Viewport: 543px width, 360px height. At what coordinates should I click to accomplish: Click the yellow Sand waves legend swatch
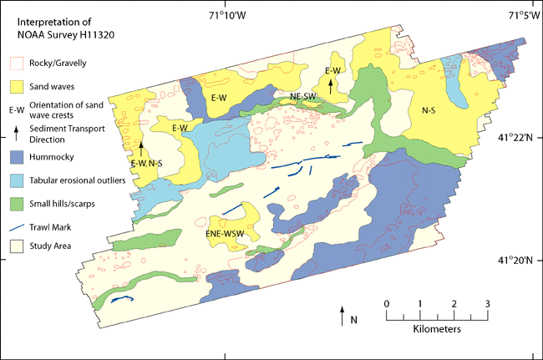16,85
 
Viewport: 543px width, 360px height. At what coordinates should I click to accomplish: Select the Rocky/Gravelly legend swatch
16,63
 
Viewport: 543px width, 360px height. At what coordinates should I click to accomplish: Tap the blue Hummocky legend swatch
16,155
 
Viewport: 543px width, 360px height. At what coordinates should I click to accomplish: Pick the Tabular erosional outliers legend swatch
16,180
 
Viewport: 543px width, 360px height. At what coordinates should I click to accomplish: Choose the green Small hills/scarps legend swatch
16,202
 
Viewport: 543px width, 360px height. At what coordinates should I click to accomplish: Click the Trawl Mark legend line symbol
16,225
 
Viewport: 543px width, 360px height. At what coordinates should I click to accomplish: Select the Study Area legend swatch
16,246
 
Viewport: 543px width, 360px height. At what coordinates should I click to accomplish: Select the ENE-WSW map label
226,236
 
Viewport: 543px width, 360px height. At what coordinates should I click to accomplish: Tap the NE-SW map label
302,97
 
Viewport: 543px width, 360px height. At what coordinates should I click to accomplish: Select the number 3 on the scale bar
488,303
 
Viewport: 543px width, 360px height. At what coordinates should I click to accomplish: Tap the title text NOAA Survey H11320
54,35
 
